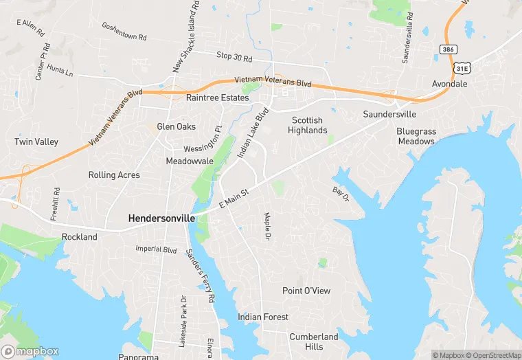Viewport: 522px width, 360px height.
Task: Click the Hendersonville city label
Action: [x=161, y=218]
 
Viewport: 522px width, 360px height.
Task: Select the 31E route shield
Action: [x=462, y=68]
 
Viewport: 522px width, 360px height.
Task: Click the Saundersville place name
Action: [x=389, y=113]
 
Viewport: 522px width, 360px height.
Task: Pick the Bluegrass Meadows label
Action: [x=416, y=136]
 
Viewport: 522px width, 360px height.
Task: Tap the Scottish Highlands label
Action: [x=306, y=125]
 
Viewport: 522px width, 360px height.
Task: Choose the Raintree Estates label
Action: [x=217, y=98]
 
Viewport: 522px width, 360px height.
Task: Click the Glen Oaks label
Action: [x=176, y=126]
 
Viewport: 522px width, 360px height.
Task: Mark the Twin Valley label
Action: [x=36, y=142]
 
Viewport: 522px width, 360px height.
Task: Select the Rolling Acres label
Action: [x=114, y=175]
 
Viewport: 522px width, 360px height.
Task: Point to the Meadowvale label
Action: [x=190, y=161]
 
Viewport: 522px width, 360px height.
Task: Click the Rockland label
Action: [x=80, y=237]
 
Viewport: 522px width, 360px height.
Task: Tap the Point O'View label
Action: [x=306, y=291]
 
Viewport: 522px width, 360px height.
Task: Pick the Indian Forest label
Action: [x=263, y=317]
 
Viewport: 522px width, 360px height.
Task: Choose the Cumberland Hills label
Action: [x=313, y=341]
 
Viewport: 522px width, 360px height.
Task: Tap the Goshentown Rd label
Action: [x=124, y=31]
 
